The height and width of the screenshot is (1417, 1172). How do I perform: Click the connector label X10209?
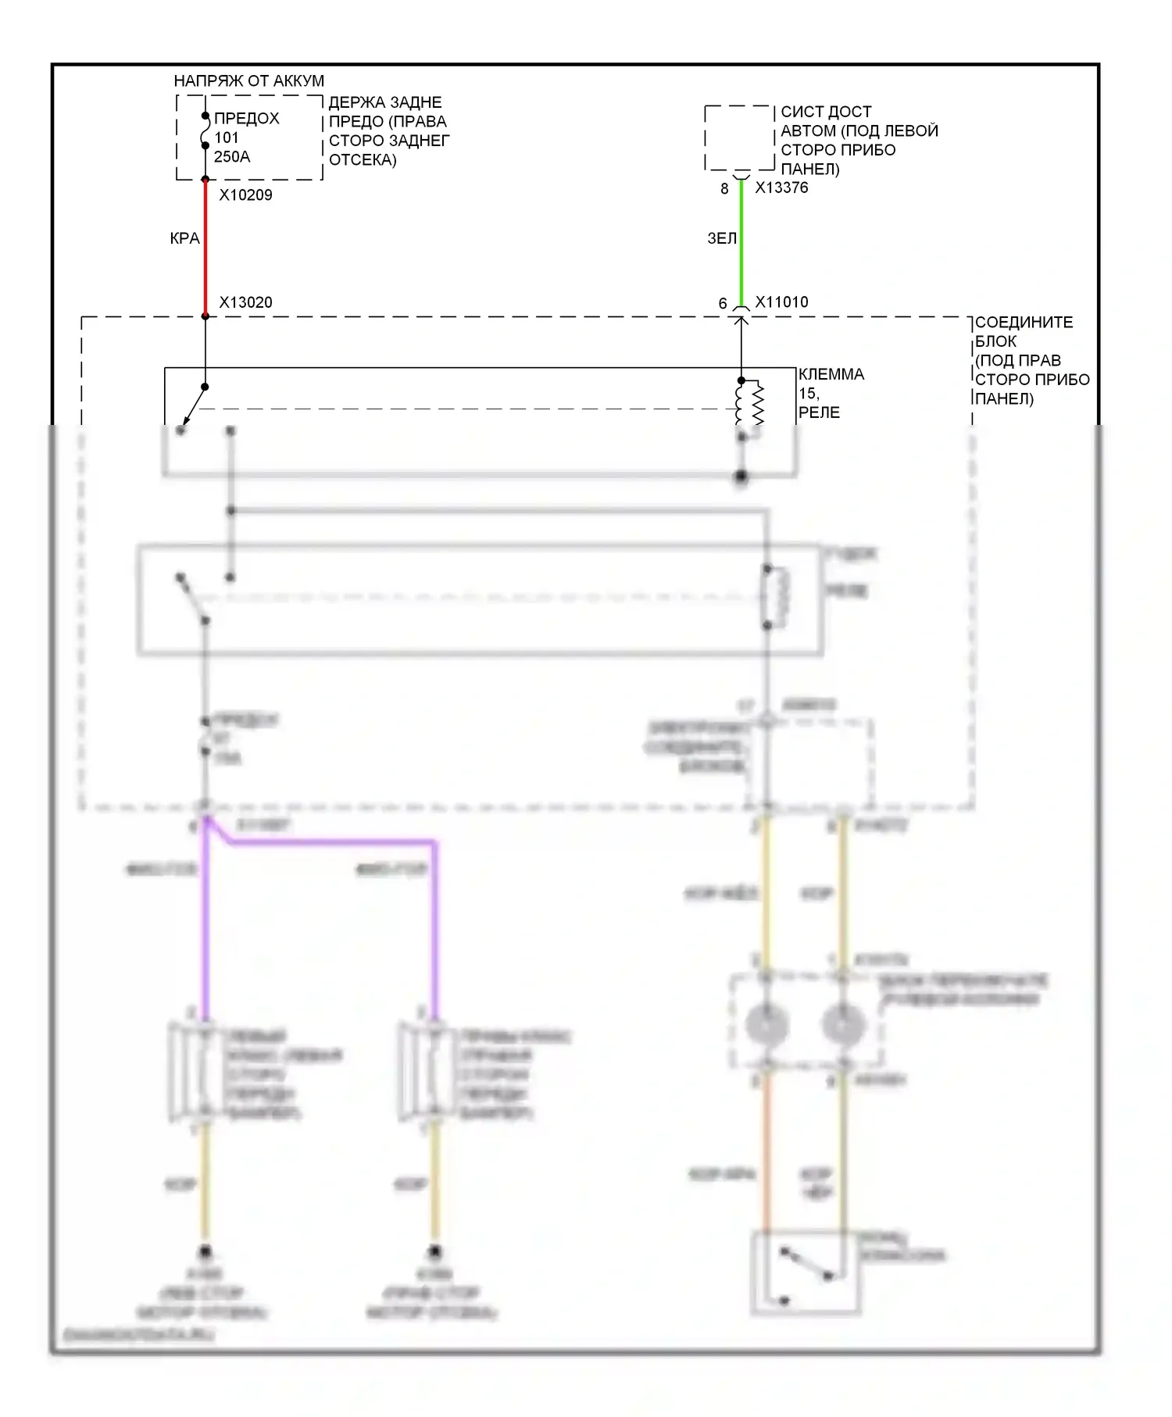coord(245,195)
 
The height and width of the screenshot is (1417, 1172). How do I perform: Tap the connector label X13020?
coord(245,302)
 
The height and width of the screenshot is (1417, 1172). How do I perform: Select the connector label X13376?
coord(781,187)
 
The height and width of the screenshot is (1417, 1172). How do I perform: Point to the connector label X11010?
coord(781,302)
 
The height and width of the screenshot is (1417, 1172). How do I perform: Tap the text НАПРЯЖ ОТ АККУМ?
coord(248,80)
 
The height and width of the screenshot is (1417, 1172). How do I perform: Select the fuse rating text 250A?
coord(232,157)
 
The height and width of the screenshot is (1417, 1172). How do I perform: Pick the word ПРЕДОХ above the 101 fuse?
coord(246,119)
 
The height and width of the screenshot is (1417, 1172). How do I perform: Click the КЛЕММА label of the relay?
coord(831,374)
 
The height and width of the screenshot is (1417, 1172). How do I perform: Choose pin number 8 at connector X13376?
coord(724,189)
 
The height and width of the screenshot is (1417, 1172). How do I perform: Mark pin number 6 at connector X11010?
coord(723,304)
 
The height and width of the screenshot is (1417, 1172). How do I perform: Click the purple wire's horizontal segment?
coord(328,843)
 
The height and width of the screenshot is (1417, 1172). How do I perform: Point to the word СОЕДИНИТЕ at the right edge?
coord(1024,323)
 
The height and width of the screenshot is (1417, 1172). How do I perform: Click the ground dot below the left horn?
coord(205,1252)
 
